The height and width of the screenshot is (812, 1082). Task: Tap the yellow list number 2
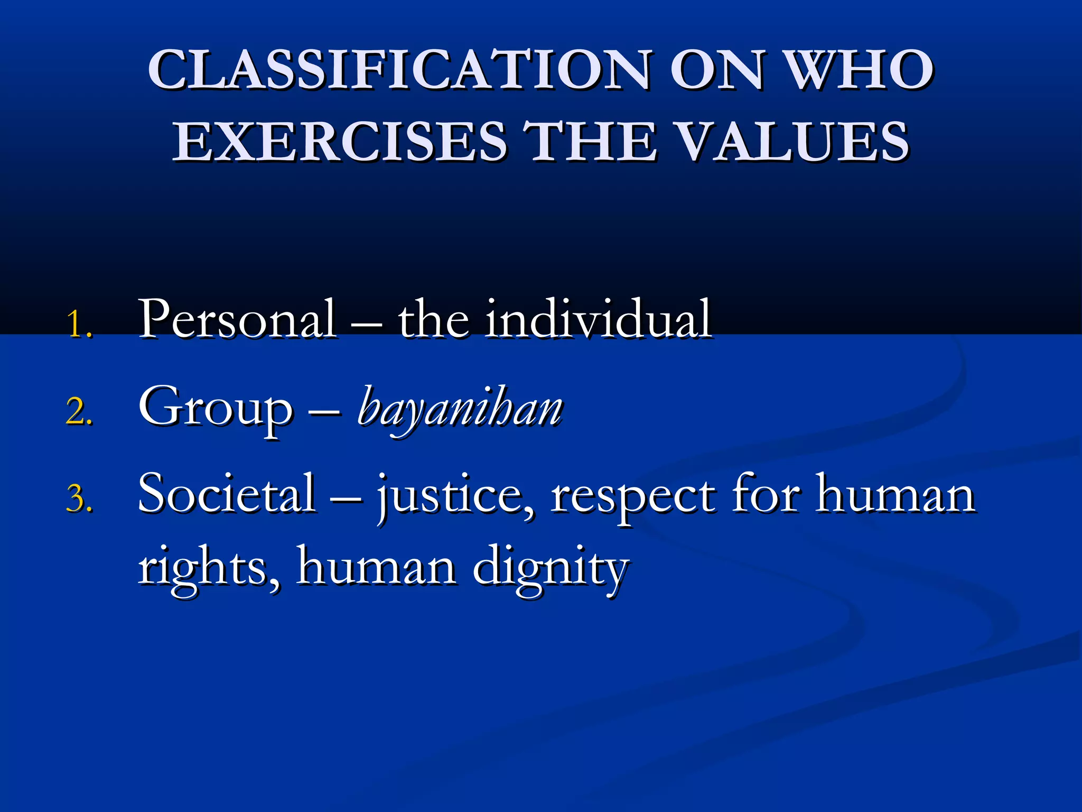79,412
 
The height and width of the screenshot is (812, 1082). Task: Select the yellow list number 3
79,499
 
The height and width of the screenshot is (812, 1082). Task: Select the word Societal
227,494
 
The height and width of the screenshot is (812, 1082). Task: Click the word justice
454,497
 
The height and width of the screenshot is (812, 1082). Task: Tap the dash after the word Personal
367,322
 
